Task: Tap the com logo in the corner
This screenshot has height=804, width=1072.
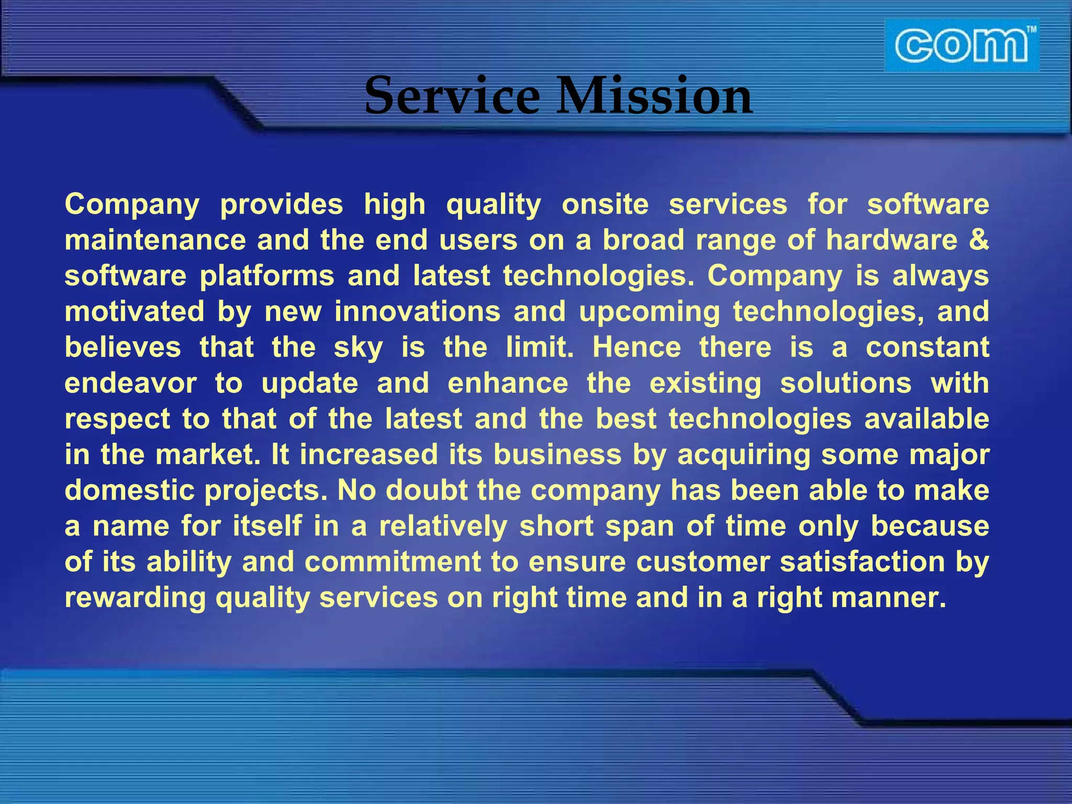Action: [961, 46]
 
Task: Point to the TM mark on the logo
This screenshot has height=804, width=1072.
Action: [1031, 30]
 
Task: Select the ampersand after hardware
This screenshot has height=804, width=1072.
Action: [978, 240]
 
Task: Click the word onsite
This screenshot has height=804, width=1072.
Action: [605, 204]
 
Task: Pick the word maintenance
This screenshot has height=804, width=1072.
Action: [155, 240]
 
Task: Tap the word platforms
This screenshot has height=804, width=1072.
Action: [266, 276]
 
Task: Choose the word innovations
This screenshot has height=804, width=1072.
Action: [417, 311]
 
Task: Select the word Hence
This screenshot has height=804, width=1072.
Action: [636, 347]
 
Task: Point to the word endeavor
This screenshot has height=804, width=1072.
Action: [130, 383]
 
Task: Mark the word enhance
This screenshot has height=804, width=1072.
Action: [508, 383]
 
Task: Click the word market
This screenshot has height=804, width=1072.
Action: [207, 454]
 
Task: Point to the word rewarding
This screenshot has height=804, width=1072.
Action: [135, 598]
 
